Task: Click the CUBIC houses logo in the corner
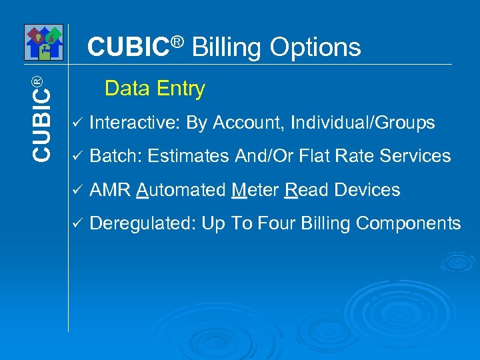click(x=43, y=42)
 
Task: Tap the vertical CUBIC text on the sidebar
click(x=41, y=117)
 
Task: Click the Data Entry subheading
click(x=155, y=89)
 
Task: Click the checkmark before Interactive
click(x=77, y=123)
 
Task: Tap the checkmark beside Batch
click(x=77, y=157)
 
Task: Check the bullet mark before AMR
click(x=77, y=191)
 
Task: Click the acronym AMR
click(x=110, y=191)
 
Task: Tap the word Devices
click(x=367, y=191)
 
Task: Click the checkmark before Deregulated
click(x=77, y=224)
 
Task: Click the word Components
click(x=409, y=224)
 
